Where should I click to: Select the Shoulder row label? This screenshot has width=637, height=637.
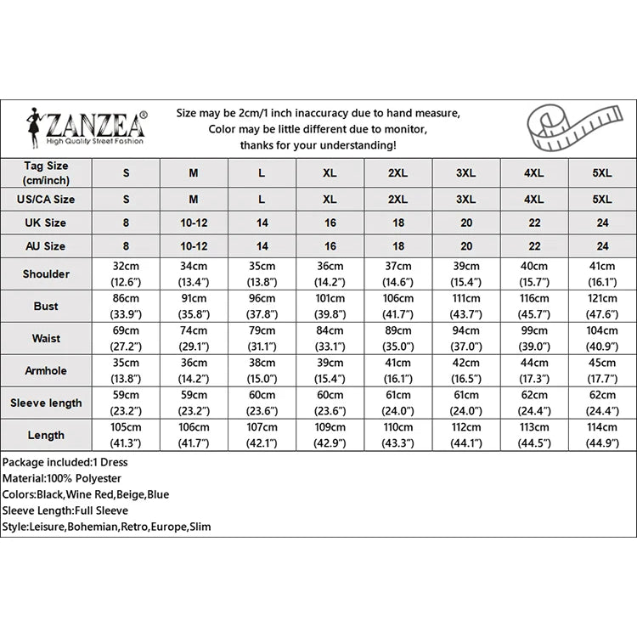pyautogui.click(x=46, y=274)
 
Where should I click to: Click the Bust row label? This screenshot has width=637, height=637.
pyautogui.click(x=46, y=306)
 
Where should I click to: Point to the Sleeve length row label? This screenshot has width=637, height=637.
pyautogui.click(x=46, y=403)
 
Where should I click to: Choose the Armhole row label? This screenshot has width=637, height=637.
pyautogui.click(x=46, y=371)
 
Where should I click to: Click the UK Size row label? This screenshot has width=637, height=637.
pyautogui.click(x=46, y=223)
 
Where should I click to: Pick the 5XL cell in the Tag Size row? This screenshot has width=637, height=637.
pyautogui.click(x=601, y=172)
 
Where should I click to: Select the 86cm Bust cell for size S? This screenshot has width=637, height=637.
pyautogui.click(x=126, y=306)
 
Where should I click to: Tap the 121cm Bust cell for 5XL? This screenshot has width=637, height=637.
pyautogui.click(x=601, y=306)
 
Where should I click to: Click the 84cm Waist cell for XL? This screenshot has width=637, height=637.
pyautogui.click(x=330, y=338)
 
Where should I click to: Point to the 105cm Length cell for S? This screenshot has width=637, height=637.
pyautogui.click(x=126, y=434)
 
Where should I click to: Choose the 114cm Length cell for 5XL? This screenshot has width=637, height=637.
pyautogui.click(x=601, y=434)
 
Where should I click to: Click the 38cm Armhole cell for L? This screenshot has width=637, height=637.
pyautogui.click(x=262, y=370)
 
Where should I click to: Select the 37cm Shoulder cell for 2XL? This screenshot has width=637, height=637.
pyautogui.click(x=397, y=273)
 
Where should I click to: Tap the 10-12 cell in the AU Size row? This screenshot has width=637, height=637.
pyautogui.click(x=194, y=246)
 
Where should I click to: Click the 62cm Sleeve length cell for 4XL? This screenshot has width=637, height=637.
pyautogui.click(x=533, y=403)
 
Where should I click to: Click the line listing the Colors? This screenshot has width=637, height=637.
pyautogui.click(x=86, y=494)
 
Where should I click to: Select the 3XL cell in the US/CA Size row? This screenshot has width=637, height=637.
pyautogui.click(x=465, y=200)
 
